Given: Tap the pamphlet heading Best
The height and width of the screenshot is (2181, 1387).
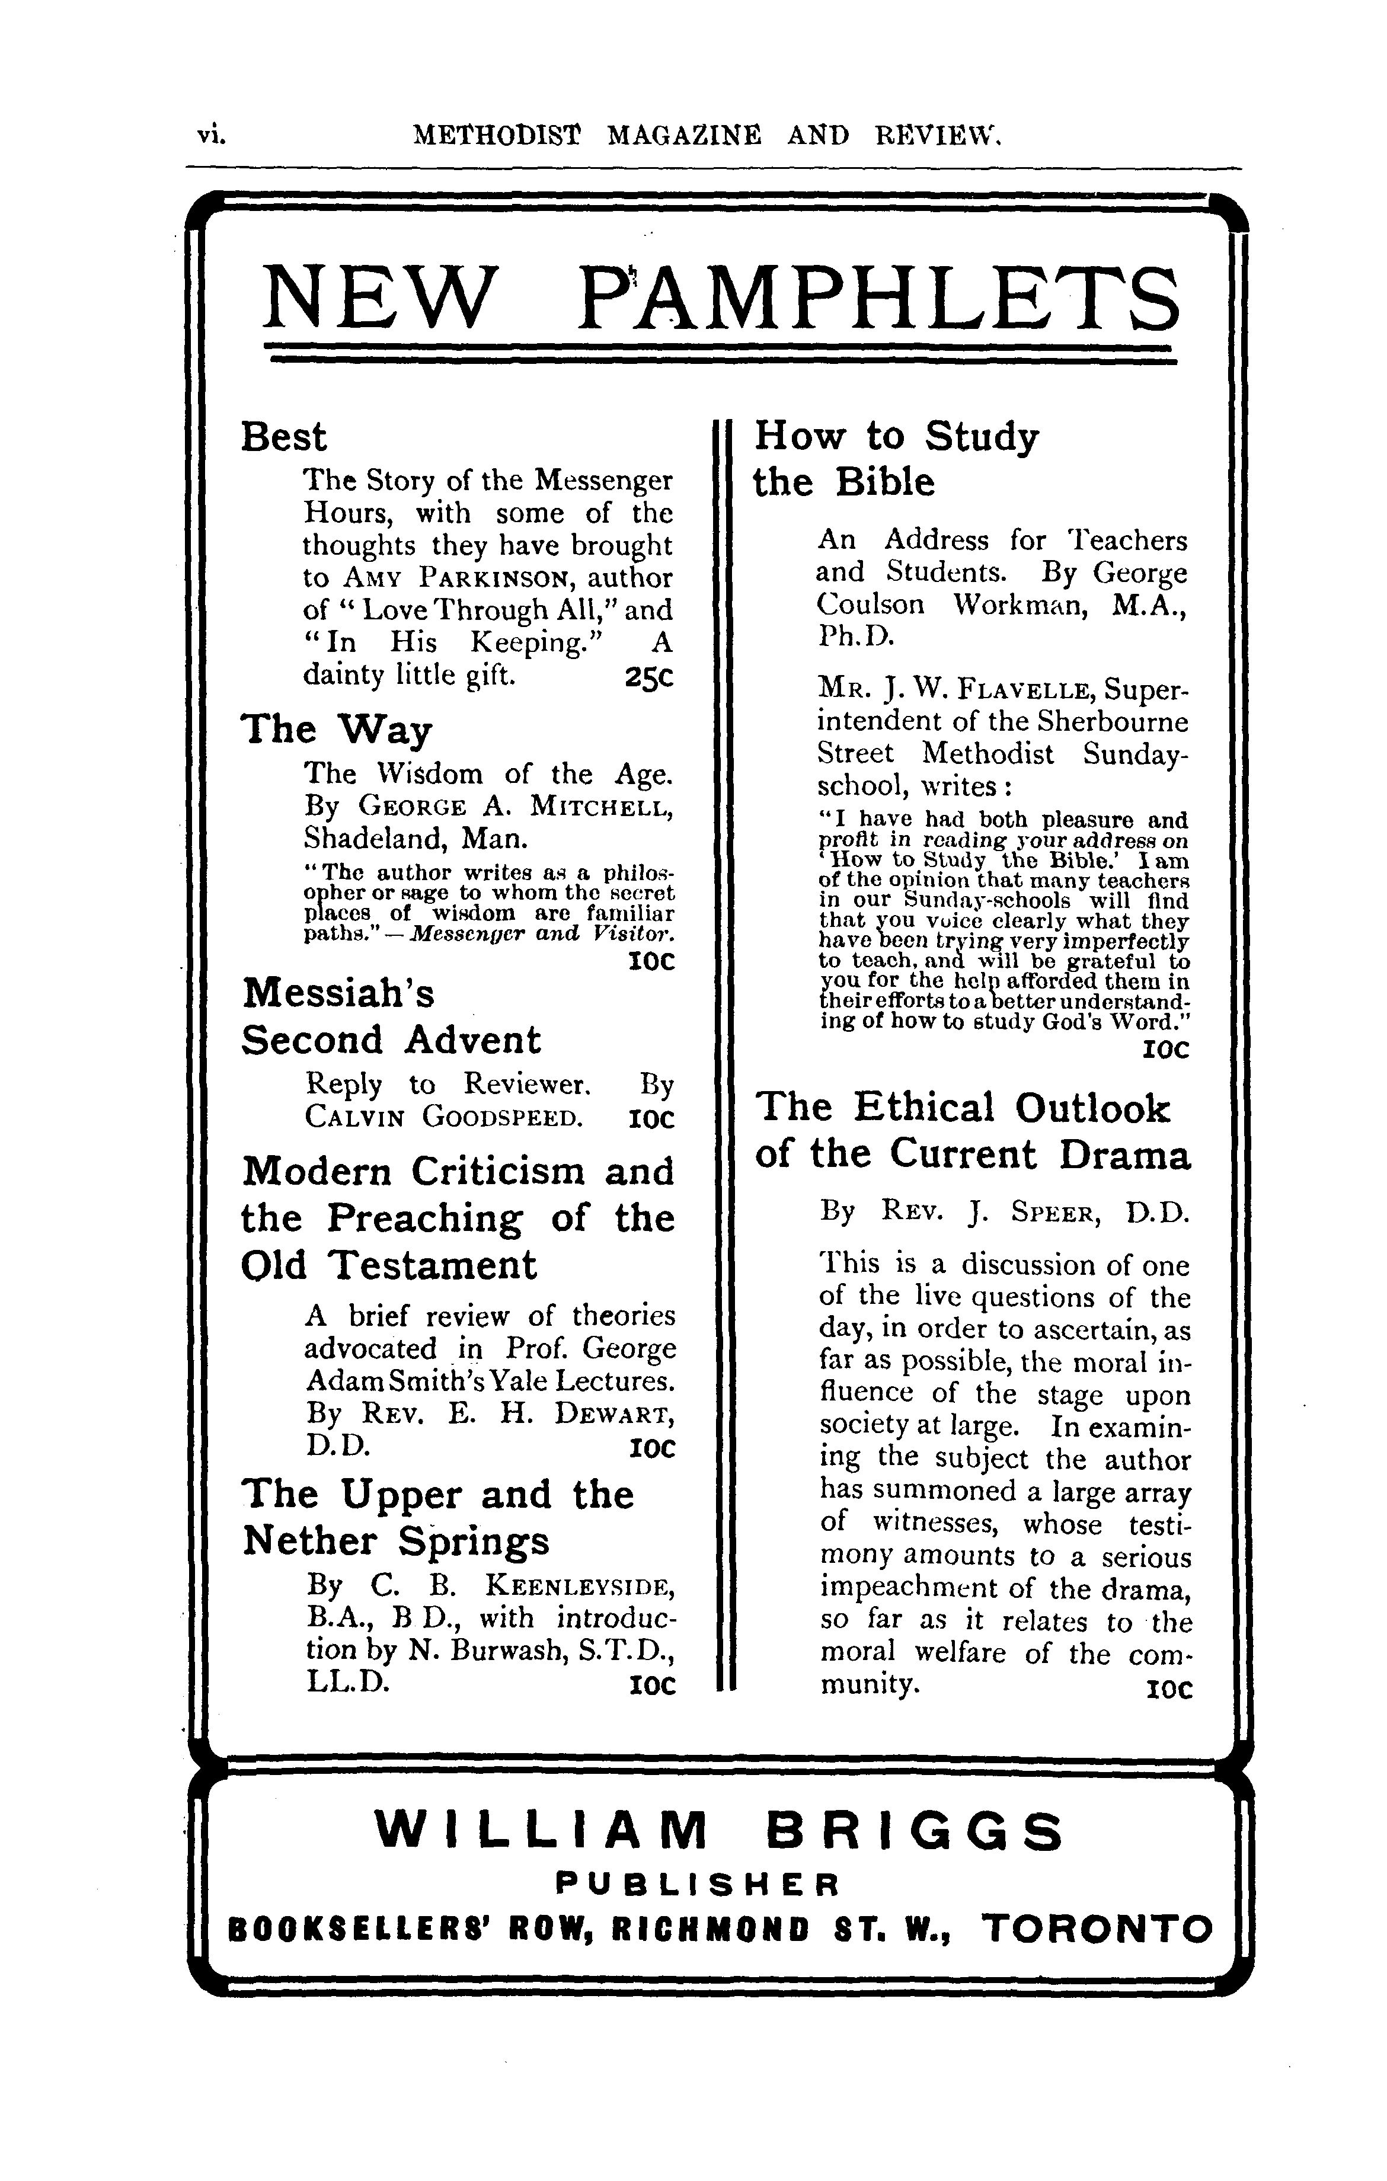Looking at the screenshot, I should tap(283, 437).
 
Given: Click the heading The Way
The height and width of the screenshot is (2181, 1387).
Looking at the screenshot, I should tap(335, 729).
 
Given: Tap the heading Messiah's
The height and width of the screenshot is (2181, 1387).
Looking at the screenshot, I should tap(338, 993).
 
